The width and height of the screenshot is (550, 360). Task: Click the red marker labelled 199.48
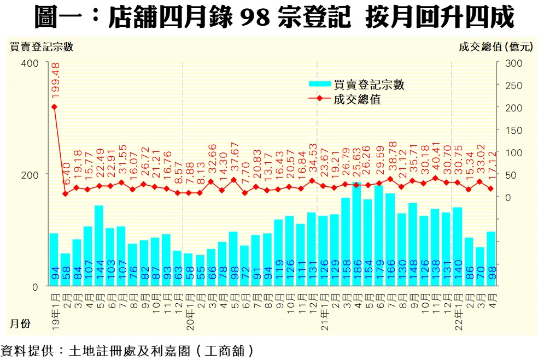coord(54,107)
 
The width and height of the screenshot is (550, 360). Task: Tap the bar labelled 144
coord(99,245)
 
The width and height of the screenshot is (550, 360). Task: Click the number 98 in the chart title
coord(255,18)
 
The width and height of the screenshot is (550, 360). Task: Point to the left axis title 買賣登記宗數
coord(42,47)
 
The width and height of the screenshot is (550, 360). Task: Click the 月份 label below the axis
coord(21,323)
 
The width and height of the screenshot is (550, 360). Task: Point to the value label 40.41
coord(436,158)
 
